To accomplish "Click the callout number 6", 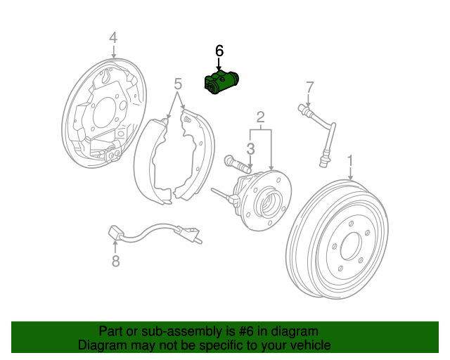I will [219, 51].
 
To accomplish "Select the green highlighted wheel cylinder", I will [220, 82].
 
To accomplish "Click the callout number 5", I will [178, 85].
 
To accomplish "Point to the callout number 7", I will [308, 87].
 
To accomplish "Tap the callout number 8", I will [115, 262].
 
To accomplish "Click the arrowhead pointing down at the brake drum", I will [350, 179].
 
